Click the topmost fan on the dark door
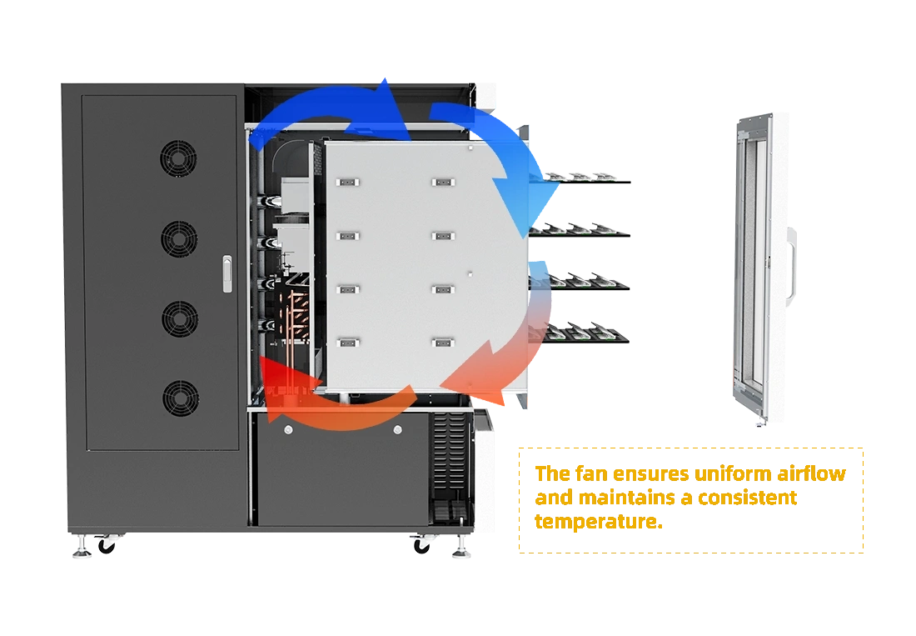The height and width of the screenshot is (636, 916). tap(179, 158)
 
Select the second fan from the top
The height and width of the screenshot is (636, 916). tap(179, 238)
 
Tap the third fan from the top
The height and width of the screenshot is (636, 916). tap(179, 318)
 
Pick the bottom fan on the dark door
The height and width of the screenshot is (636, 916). tap(180, 398)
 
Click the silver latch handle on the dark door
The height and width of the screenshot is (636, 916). tap(227, 274)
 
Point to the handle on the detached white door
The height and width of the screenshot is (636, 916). tap(792, 263)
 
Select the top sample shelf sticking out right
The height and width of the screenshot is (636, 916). tap(582, 179)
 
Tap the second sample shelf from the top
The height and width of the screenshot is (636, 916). tap(582, 230)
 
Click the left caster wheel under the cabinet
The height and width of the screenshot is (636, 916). tap(107, 546)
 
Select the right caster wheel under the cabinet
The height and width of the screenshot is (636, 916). tap(423, 546)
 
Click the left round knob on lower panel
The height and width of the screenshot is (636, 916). tap(288, 430)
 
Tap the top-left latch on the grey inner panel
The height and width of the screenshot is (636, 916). tap(347, 182)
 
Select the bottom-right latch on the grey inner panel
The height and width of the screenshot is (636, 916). tap(442, 342)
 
